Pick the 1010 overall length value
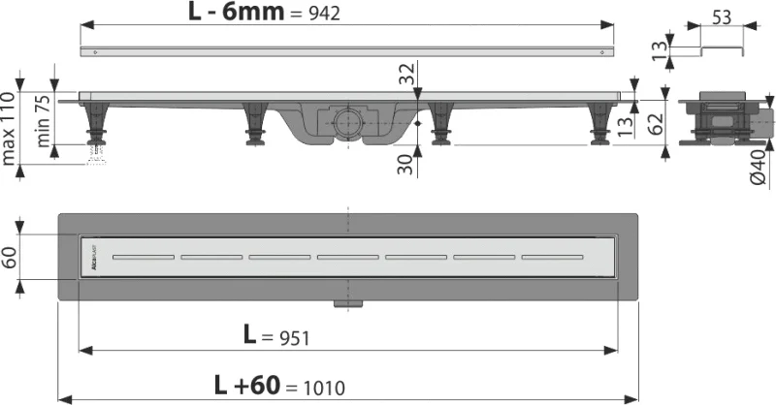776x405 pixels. [x=322, y=386]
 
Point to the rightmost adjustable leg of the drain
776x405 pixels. [x=598, y=125]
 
